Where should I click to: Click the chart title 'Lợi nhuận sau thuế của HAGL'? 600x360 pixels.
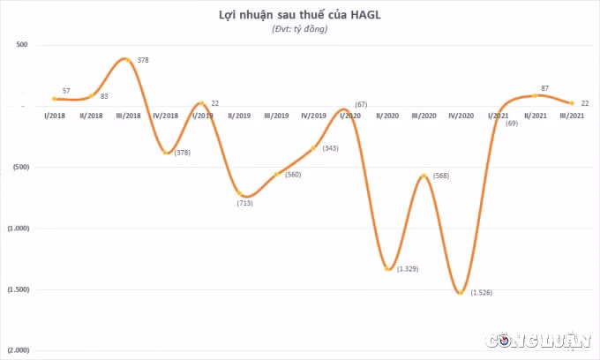[x=300, y=15]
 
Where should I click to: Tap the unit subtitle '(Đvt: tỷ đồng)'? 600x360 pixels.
[x=300, y=29]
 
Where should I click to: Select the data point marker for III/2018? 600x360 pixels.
[x=128, y=60]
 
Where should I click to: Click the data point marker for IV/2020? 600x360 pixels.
[x=461, y=293]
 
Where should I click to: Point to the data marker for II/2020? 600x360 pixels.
[x=387, y=269]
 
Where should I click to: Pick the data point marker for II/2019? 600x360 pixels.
[x=239, y=193]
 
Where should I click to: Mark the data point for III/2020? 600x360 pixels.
[x=424, y=176]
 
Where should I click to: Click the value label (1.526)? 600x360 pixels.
[x=482, y=293]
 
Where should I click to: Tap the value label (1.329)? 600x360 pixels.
[x=408, y=269]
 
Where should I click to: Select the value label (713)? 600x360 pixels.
[x=245, y=203]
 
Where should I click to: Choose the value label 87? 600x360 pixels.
[x=545, y=88]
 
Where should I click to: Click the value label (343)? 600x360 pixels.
[x=330, y=148]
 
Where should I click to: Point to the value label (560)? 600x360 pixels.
[x=293, y=175]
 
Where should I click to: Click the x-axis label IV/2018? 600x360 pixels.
[x=165, y=116]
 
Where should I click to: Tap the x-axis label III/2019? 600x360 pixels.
[x=276, y=116]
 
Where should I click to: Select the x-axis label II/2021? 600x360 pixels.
[x=535, y=116]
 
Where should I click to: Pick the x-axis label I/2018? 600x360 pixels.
[x=55, y=116]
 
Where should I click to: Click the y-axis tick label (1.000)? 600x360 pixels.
[x=19, y=229]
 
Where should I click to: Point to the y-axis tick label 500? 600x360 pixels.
[x=22, y=45]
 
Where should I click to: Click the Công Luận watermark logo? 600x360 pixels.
[x=538, y=340]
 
